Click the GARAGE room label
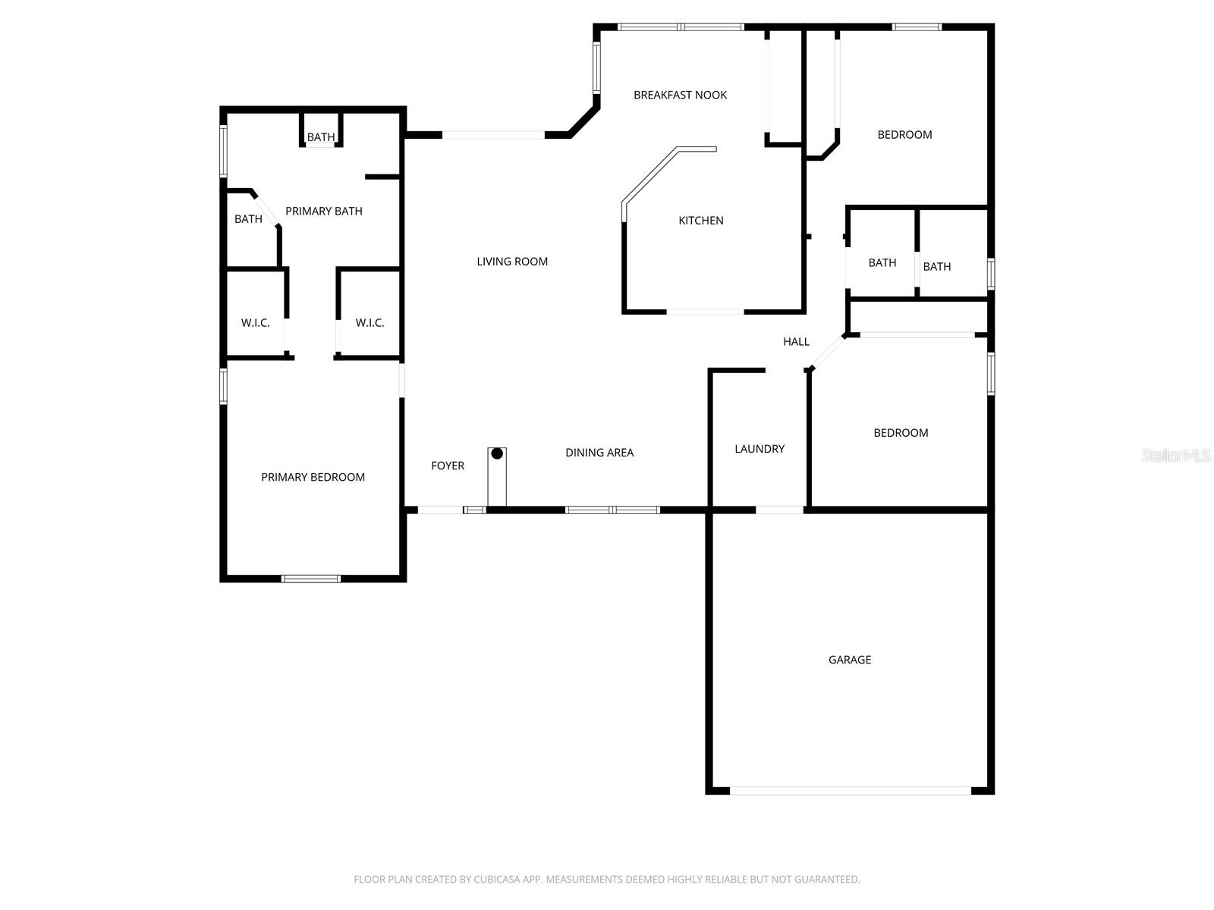tap(849, 660)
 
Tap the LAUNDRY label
tap(759, 449)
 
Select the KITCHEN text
tap(700, 221)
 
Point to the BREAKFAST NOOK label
tap(680, 95)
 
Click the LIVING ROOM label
tap(512, 262)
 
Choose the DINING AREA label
tap(599, 453)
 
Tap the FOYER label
tap(447, 466)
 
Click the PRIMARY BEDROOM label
tap(313, 477)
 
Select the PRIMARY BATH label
tap(323, 212)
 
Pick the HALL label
tap(796, 342)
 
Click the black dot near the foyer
tap(497, 453)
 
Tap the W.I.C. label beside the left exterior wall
tap(255, 323)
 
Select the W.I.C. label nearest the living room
tap(370, 323)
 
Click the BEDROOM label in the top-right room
tap(904, 135)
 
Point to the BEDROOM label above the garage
tap(901, 433)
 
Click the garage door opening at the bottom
tap(850, 790)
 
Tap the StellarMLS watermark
tap(1175, 455)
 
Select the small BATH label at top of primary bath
tap(320, 137)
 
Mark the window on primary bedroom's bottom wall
tap(311, 579)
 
